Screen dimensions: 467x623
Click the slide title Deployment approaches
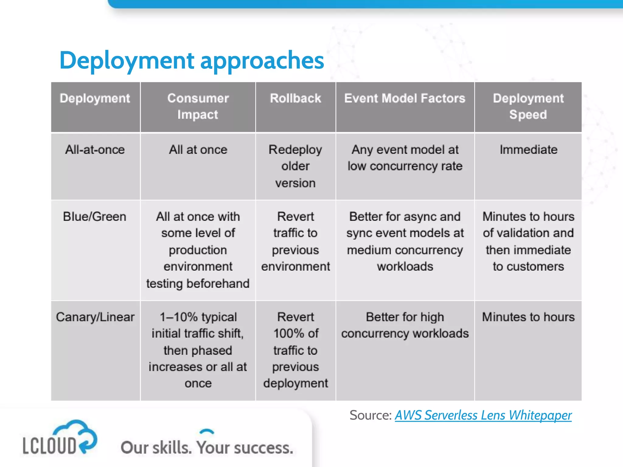click(192, 61)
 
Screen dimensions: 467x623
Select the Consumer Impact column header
click(198, 106)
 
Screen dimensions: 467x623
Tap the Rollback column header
click(295, 98)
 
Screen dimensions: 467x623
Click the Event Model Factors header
click(405, 98)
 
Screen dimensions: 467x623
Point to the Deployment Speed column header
click(528, 106)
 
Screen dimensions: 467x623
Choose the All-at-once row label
click(95, 150)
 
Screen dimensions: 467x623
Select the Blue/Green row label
click(95, 216)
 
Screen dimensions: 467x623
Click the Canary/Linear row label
click(95, 317)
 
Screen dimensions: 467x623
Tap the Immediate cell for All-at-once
click(528, 150)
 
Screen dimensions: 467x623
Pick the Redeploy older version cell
click(295, 166)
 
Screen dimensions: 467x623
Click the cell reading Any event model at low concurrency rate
click(405, 158)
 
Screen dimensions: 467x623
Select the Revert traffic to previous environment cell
click(295, 241)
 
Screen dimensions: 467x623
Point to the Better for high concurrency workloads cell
click(405, 325)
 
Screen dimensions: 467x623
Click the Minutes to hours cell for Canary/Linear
click(528, 317)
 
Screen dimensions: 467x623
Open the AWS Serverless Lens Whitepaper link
click(483, 415)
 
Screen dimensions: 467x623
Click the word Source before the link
click(370, 415)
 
